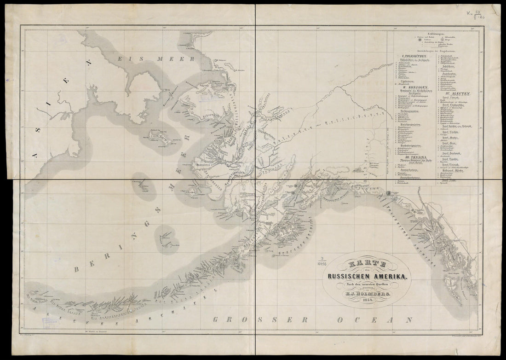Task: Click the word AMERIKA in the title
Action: (x=387, y=277)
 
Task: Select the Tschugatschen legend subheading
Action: (x=411, y=111)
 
